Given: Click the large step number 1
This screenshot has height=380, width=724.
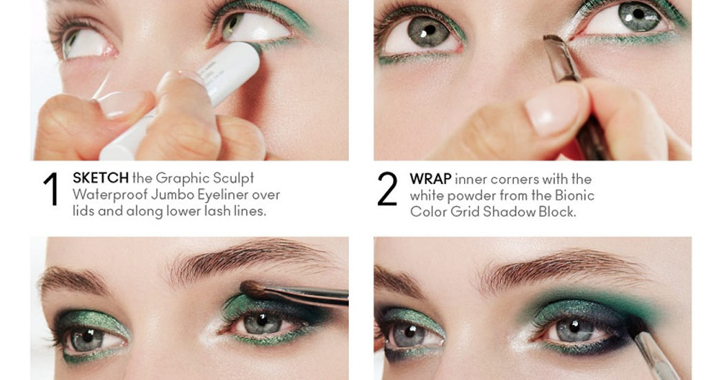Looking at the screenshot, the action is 51,189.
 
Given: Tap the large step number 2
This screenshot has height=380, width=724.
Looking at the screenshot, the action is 387,188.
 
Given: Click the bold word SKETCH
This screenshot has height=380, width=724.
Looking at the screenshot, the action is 101,178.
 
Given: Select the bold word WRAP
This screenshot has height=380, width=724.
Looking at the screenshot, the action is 431,179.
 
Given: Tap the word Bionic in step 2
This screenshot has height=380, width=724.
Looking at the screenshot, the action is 574,195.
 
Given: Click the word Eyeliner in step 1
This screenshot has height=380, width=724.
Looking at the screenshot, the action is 223,195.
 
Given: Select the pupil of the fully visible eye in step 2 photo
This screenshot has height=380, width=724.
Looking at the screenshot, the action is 429,31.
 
